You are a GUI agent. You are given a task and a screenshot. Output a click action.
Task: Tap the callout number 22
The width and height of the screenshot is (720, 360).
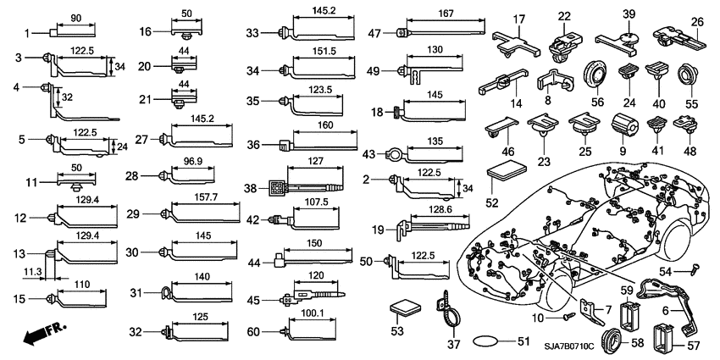coord(564,17)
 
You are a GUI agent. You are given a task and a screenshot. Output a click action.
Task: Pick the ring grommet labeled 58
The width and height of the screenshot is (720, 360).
coord(609,341)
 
